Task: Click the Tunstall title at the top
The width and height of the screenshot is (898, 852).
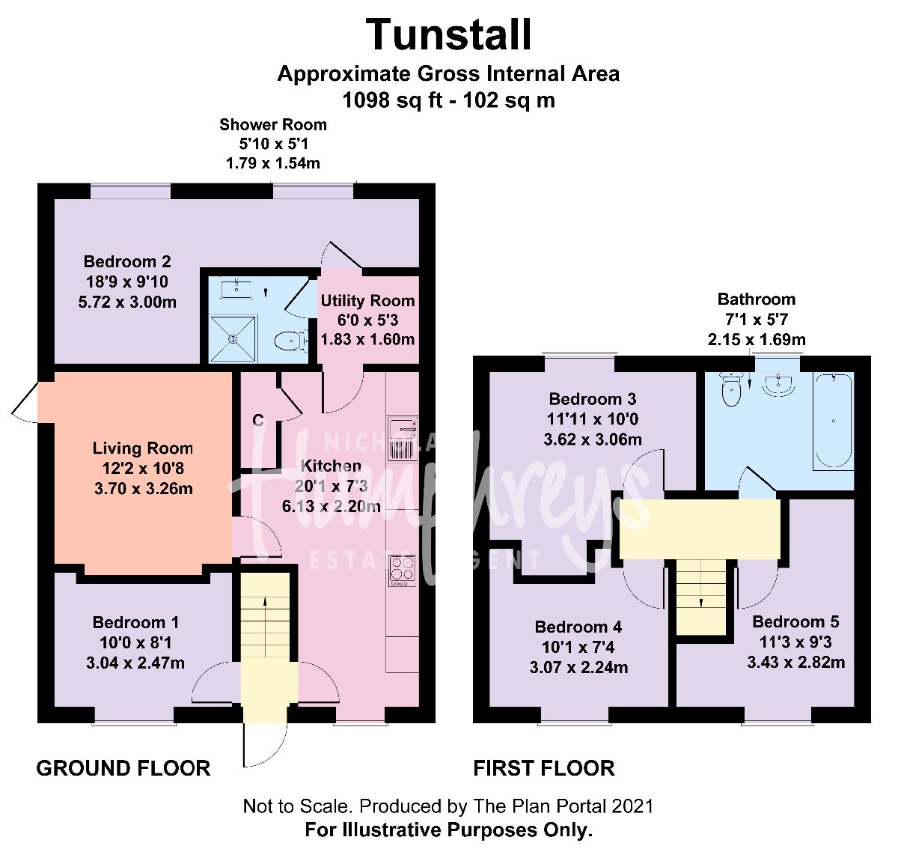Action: [x=449, y=35]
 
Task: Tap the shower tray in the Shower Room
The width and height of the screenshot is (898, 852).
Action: [x=233, y=338]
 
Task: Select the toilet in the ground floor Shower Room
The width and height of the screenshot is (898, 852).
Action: [x=290, y=342]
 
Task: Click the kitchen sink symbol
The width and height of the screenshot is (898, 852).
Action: [x=402, y=438]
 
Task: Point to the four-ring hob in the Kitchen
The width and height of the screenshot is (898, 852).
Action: [x=402, y=570]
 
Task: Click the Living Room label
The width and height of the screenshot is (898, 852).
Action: [x=143, y=448]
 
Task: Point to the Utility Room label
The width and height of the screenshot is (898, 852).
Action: [x=367, y=301]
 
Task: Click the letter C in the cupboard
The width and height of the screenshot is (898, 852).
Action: [x=258, y=421]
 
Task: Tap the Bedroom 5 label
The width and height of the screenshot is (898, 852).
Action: [x=795, y=621]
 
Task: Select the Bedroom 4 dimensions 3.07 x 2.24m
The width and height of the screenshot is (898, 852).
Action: [x=578, y=667]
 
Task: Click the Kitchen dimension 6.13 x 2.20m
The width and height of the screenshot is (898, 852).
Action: [x=331, y=506]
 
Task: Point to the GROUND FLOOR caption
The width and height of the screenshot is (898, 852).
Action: [x=123, y=768]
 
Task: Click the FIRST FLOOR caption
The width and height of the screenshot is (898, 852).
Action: [x=544, y=768]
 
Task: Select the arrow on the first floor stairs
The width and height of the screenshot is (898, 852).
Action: [x=701, y=601]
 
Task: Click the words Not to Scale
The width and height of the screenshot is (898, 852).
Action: [x=296, y=806]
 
